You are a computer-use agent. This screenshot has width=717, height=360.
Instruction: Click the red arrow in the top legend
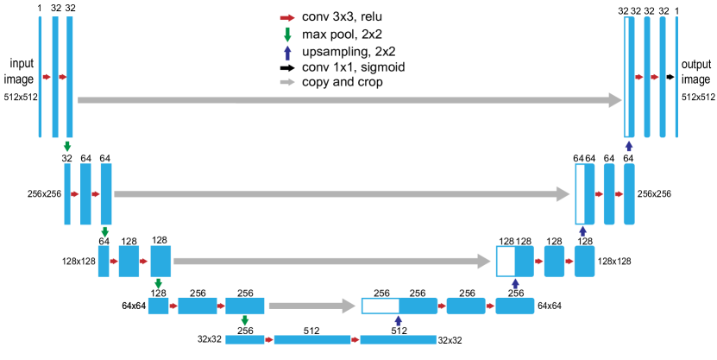click(287, 18)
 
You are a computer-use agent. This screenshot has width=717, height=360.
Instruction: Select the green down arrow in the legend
click(287, 35)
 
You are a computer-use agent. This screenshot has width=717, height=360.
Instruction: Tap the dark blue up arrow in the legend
click(287, 53)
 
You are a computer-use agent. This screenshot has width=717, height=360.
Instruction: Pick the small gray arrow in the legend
click(287, 82)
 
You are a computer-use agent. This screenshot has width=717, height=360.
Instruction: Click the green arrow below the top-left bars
click(67, 147)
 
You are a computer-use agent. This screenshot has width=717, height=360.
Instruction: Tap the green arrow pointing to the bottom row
click(245, 320)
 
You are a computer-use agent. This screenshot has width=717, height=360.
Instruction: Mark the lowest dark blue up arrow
click(399, 320)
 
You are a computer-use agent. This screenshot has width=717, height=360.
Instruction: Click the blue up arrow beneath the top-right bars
click(629, 146)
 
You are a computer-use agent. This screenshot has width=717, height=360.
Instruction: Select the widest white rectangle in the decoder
click(381, 306)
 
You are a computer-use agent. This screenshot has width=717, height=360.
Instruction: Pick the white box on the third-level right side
click(506, 261)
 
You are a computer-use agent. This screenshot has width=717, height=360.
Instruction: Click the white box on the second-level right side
click(581, 194)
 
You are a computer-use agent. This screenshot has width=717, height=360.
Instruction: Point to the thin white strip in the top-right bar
click(627, 77)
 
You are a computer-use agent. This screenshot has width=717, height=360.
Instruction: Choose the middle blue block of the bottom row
click(312, 340)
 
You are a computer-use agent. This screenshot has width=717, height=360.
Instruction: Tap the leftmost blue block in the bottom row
click(245, 340)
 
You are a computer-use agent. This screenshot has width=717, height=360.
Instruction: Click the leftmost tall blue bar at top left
click(40, 77)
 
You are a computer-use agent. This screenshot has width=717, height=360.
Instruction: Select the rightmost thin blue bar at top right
click(676, 77)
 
